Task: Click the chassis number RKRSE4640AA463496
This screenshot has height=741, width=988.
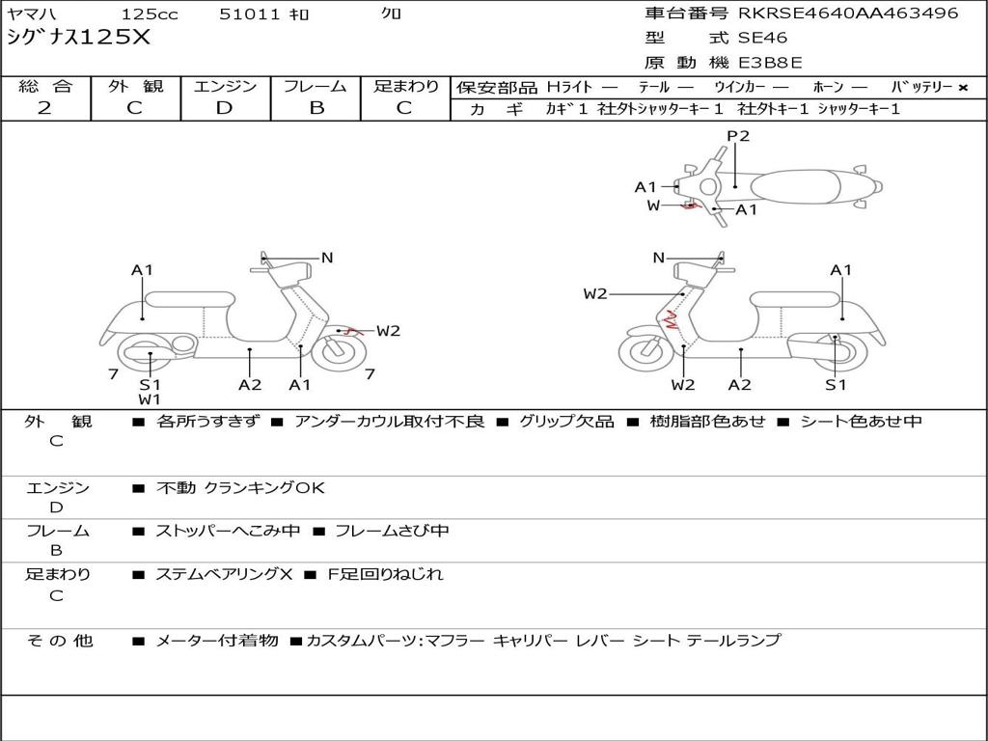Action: tap(848, 14)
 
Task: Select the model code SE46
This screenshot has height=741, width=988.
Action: tap(762, 39)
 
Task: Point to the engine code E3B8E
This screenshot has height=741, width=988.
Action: tap(770, 64)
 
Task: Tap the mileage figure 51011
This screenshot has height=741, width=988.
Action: tap(249, 14)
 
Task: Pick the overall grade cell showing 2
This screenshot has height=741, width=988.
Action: tap(44, 108)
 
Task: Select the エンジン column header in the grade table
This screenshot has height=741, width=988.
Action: tap(225, 86)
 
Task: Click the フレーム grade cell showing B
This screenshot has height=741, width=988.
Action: tap(316, 108)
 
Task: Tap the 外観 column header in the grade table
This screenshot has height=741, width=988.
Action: tap(135, 86)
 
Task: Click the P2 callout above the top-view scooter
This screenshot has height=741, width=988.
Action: tap(738, 136)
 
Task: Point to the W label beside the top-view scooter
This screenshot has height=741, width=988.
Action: tap(653, 206)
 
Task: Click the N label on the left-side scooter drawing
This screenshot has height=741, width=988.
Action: tap(327, 258)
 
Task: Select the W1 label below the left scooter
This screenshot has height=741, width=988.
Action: tap(150, 398)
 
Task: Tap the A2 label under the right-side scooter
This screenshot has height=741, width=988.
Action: tap(740, 385)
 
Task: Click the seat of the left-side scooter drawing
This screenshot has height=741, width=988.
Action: tap(190, 298)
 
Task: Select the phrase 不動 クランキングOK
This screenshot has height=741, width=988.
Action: tap(240, 487)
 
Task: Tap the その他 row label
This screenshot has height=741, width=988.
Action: tap(59, 640)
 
